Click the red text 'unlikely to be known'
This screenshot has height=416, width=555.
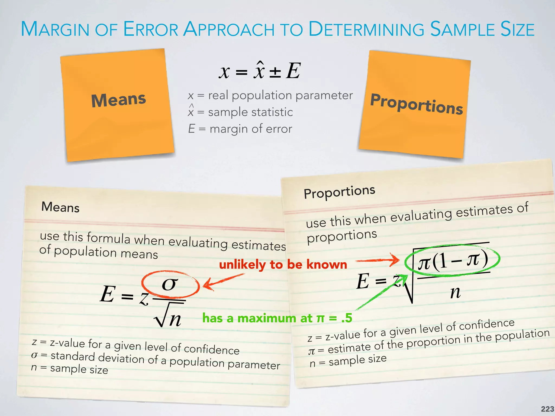click(283, 265)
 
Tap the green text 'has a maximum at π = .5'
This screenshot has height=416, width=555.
click(277, 318)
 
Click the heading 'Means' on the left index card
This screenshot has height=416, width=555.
click(60, 207)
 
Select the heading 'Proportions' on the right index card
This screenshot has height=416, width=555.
click(339, 192)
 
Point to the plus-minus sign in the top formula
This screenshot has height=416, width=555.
click(275, 72)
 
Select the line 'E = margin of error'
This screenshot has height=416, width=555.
click(240, 129)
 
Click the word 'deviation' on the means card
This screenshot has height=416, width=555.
click(121, 358)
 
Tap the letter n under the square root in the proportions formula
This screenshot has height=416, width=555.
click(455, 292)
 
